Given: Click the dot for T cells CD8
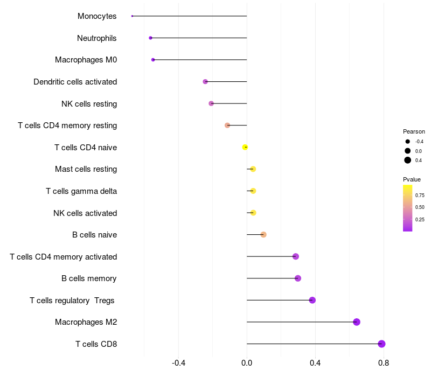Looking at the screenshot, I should [x=381, y=344].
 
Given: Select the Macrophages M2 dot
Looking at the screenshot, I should [x=357, y=322].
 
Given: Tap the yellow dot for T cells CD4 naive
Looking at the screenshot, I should [x=245, y=147].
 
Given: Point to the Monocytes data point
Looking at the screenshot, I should [x=132, y=16].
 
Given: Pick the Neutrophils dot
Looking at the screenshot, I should [x=150, y=38].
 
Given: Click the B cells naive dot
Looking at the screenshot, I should [x=263, y=234].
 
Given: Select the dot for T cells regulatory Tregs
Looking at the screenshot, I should [x=312, y=300].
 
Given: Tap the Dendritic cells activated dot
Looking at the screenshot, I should [x=205, y=81].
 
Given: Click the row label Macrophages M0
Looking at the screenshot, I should [x=86, y=60].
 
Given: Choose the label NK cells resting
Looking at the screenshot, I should [x=89, y=103].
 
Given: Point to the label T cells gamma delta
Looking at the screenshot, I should [x=81, y=191].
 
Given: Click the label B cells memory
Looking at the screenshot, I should [x=89, y=278].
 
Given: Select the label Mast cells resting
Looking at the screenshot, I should [x=86, y=169].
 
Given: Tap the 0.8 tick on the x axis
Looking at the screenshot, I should [x=384, y=363].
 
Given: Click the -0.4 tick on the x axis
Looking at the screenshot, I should [x=178, y=363].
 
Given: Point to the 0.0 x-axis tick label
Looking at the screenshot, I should [x=247, y=363].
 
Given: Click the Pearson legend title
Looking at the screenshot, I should [x=414, y=131].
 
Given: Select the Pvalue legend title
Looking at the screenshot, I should [x=412, y=179].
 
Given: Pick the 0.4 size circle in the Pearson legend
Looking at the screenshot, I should [x=408, y=160].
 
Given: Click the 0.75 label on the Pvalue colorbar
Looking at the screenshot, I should [x=420, y=195].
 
